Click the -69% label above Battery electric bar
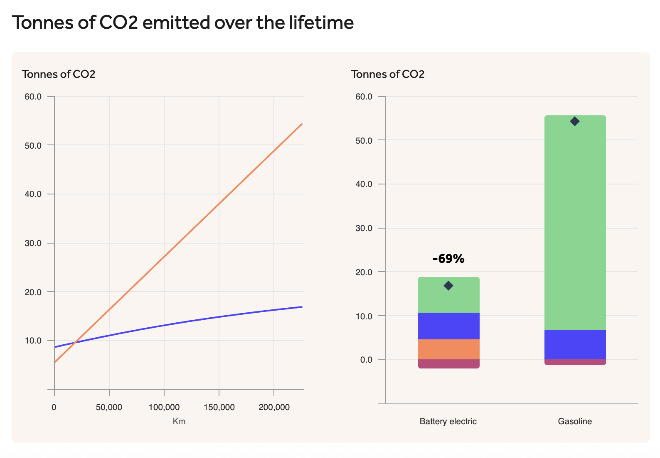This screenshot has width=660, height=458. click(x=448, y=259)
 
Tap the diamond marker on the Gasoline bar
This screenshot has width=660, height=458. click(x=575, y=121)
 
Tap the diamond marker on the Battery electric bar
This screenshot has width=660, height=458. click(x=448, y=286)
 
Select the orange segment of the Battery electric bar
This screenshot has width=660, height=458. click(x=448, y=349)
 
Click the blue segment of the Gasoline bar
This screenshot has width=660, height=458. click(x=575, y=345)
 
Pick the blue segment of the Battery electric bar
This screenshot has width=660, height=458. click(x=448, y=326)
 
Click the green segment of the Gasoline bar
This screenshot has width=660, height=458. click(x=575, y=225)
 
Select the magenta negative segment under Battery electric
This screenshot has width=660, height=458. click(x=448, y=364)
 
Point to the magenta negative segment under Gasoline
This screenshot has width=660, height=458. click(x=575, y=362)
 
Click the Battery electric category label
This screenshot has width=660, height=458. click(x=448, y=421)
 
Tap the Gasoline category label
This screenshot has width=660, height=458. click(x=575, y=421)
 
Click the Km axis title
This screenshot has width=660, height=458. click(x=179, y=421)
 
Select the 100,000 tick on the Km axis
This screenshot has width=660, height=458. click(x=164, y=407)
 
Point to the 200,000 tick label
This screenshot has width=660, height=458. click(x=274, y=407)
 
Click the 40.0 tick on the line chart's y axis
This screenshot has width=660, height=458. click(x=33, y=194)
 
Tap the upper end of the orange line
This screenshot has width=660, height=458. click(x=301, y=124)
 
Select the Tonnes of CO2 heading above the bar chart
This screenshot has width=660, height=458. click(x=387, y=74)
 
